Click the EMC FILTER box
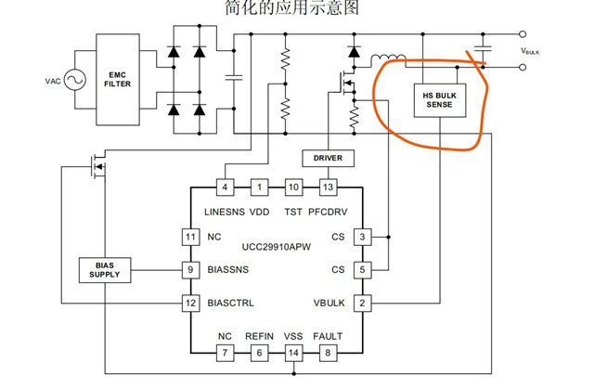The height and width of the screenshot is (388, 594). click(x=118, y=80)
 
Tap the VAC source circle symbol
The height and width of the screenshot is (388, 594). click(x=74, y=80)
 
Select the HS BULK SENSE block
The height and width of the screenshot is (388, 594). click(x=439, y=100)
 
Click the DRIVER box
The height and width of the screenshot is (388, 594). click(x=328, y=158)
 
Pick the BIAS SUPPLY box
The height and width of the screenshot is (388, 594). click(x=105, y=270)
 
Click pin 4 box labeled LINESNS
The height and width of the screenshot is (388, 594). click(x=225, y=188)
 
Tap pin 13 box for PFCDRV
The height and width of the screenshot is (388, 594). click(x=328, y=188)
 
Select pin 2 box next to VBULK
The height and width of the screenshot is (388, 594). click(x=363, y=304)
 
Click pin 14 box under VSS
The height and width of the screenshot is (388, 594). click(x=293, y=353)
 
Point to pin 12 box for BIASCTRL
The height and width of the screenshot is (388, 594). click(x=190, y=304)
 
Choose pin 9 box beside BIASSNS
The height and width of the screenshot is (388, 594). click(x=190, y=270)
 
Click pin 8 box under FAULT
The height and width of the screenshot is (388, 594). click(x=328, y=353)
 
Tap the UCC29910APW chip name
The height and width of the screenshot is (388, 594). click(x=277, y=247)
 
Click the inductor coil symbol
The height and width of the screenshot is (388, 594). click(x=388, y=58)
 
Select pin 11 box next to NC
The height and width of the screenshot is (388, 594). click(x=190, y=238)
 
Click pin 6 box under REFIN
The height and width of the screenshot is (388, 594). click(x=260, y=353)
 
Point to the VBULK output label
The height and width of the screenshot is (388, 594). click(x=530, y=51)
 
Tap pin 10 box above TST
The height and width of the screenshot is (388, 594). click(x=293, y=188)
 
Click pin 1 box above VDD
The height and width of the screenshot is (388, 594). click(x=260, y=188)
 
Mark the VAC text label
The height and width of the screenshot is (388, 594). click(x=53, y=81)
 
